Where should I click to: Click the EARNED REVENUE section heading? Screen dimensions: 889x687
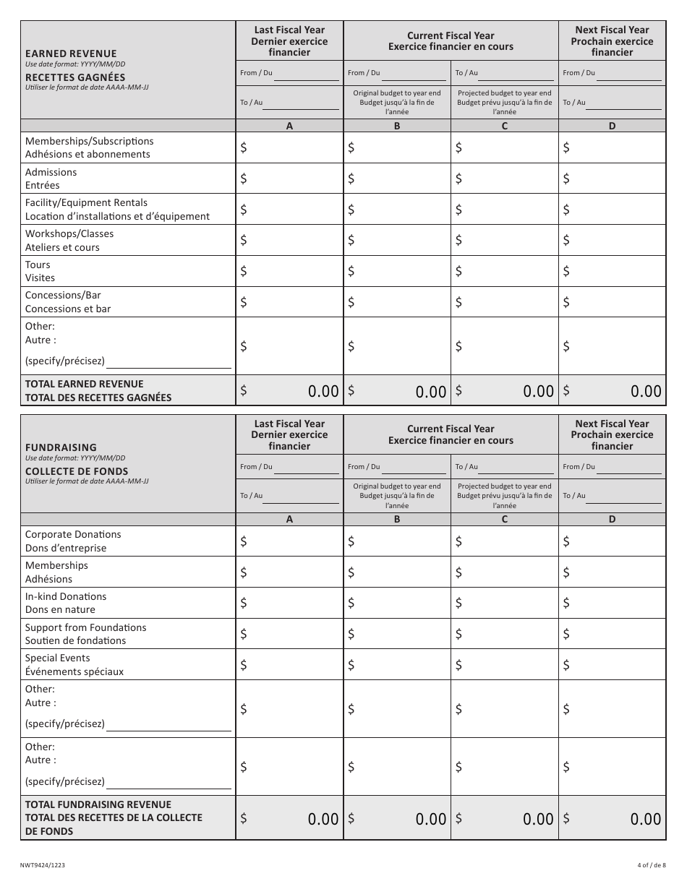tap(71, 53)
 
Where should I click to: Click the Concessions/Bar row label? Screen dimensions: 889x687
tap(68, 301)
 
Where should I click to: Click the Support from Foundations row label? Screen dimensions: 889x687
tap(85, 634)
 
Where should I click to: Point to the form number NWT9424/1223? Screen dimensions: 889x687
tap(46, 864)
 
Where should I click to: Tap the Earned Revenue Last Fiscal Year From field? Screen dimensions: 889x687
tap(306, 74)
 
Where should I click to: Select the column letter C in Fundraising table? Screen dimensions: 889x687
tap(505, 519)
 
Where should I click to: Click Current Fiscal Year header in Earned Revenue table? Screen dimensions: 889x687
tap(451, 41)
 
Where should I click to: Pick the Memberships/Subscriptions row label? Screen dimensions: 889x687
tap(89, 147)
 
